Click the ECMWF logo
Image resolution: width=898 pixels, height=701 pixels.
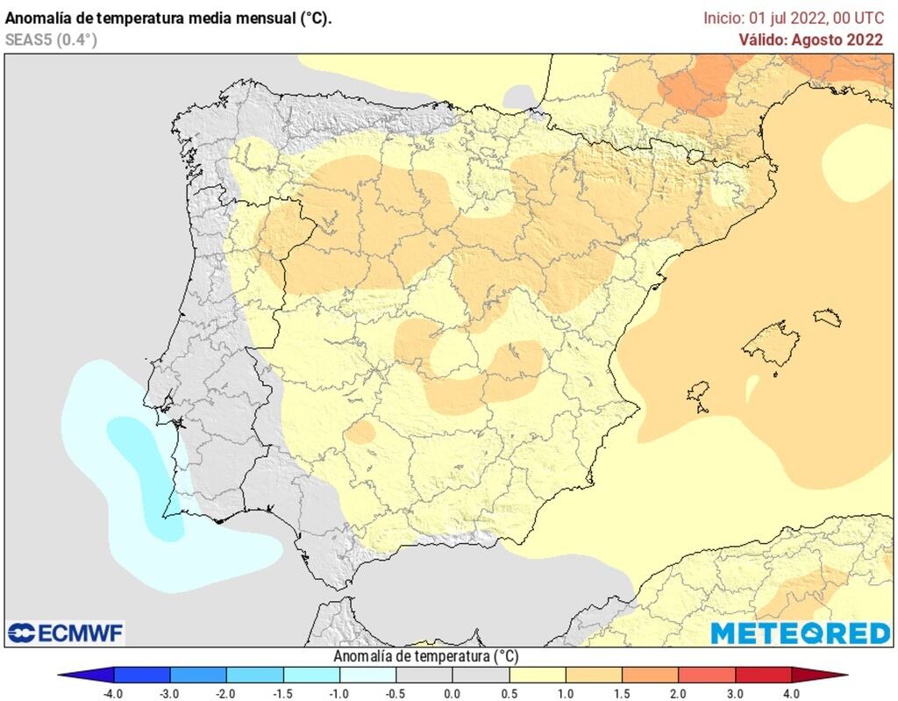(66, 633)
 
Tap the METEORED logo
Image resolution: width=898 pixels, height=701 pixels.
(800, 633)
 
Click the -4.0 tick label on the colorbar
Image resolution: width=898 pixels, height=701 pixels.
(113, 693)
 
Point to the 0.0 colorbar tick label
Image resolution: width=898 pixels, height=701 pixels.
(452, 693)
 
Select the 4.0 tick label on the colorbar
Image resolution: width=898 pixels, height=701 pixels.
(792, 693)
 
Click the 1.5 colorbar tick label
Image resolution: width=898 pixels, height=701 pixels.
(622, 693)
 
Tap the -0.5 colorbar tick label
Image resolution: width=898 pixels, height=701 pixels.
(396, 693)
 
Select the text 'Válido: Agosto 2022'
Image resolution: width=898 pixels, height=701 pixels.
(811, 39)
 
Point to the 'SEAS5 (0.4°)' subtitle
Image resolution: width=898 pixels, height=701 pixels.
(51, 39)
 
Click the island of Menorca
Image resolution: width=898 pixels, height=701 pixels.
(827, 317)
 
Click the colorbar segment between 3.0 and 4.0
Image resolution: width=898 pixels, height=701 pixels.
(764, 675)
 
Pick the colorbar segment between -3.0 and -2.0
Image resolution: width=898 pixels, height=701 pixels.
(198, 675)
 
